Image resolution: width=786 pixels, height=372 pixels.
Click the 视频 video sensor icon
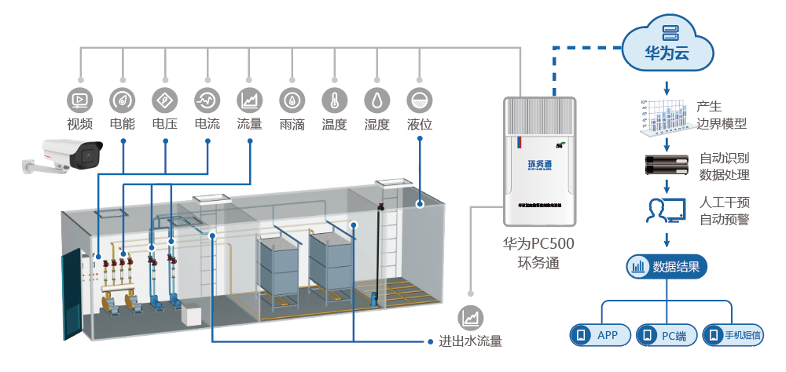79,100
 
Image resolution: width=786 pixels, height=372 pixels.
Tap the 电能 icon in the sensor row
122,100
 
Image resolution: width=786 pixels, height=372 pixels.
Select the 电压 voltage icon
164,100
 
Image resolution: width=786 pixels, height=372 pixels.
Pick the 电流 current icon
207,100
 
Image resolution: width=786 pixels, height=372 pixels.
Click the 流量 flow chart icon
249,100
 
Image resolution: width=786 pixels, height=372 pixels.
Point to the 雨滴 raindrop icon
292,100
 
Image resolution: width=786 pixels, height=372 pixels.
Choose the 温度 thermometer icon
334,100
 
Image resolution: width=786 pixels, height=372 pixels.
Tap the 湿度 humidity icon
376,100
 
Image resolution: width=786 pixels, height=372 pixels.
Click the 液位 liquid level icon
420,100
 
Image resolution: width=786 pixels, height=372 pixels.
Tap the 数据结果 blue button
667,267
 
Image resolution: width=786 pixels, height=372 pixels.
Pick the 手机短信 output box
734,336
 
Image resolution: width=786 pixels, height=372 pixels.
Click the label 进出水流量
469,341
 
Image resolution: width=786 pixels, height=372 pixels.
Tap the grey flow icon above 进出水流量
472,317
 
